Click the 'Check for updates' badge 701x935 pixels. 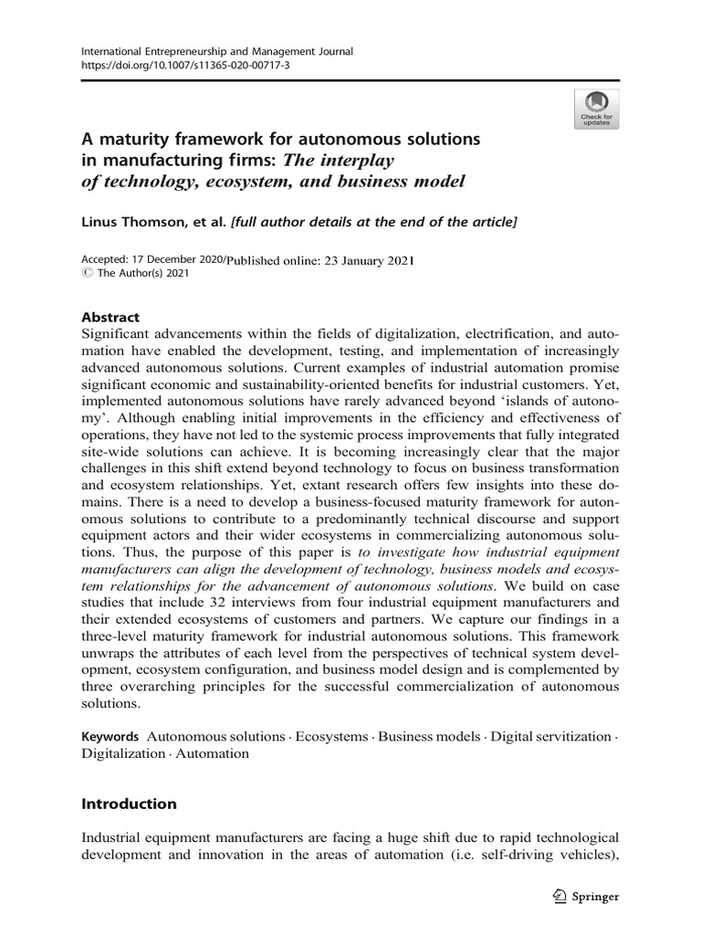click(x=596, y=109)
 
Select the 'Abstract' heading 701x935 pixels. click(x=110, y=318)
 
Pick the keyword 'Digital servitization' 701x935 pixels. click(x=549, y=736)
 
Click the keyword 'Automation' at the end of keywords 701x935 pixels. click(x=212, y=753)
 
